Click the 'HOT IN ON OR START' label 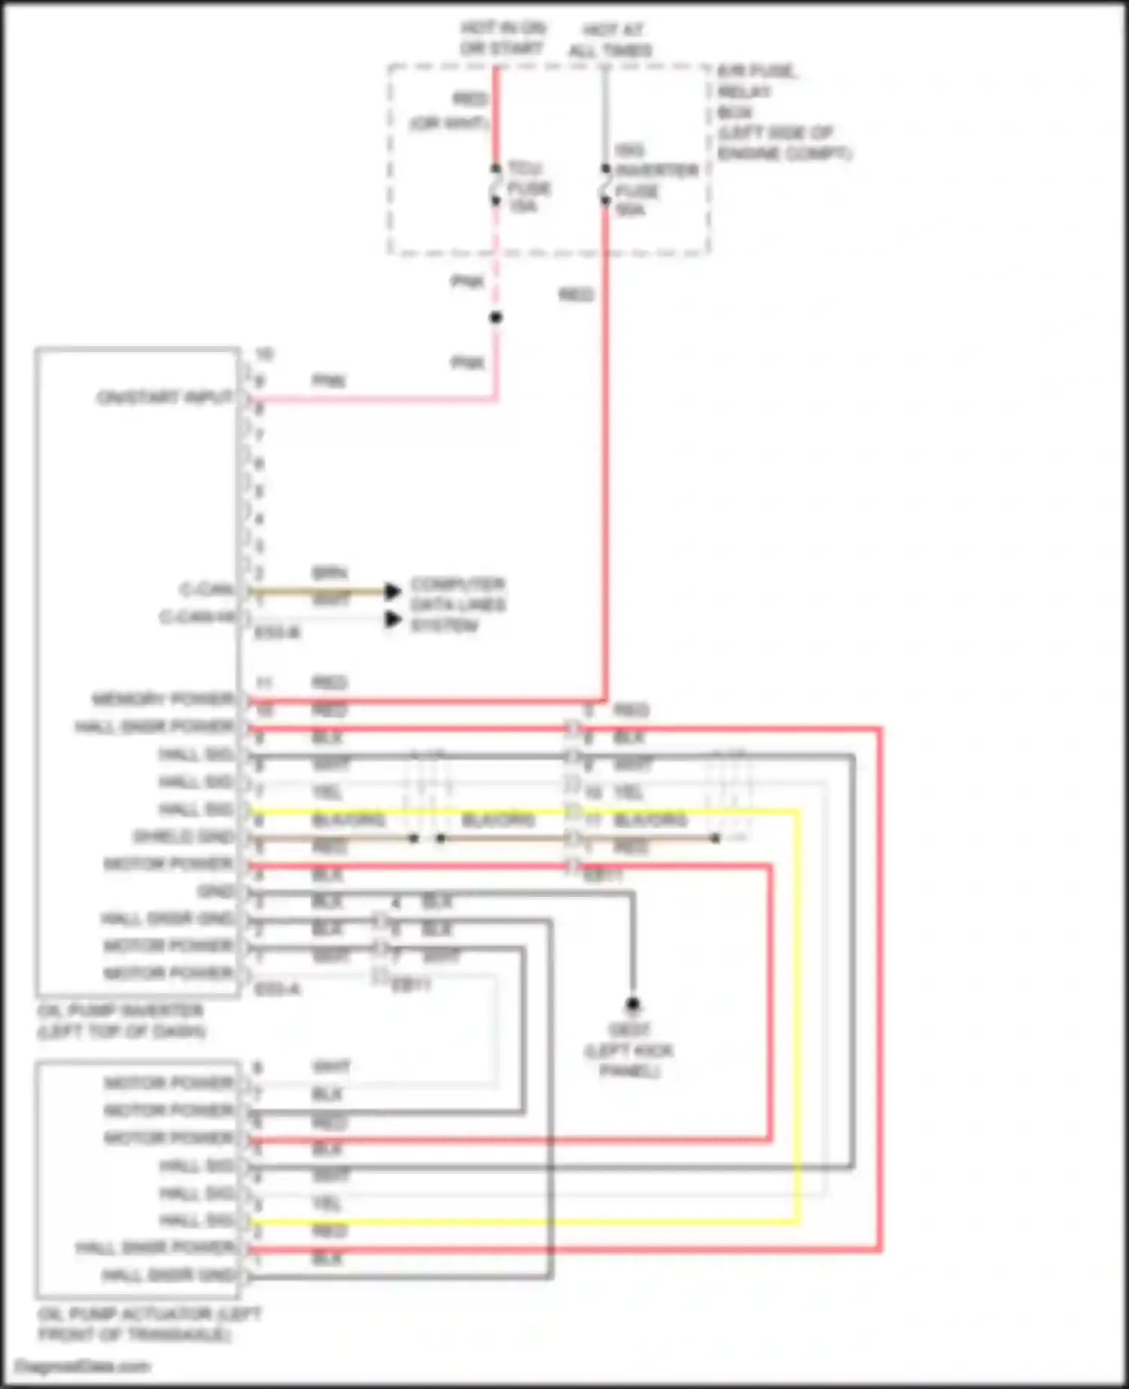(502, 38)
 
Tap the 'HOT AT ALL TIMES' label (610, 41)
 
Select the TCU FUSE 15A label (528, 187)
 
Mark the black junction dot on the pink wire (495, 318)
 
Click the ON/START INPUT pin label (165, 397)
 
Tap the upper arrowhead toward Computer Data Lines (392, 591)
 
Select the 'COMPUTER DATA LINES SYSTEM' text (457, 605)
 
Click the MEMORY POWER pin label (163, 700)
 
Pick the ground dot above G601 (633, 1004)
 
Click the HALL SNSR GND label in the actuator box (168, 1275)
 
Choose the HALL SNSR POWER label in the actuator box (155, 1248)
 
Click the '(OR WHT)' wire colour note (449, 123)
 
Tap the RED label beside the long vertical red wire (576, 294)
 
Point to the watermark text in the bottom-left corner (83, 1366)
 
